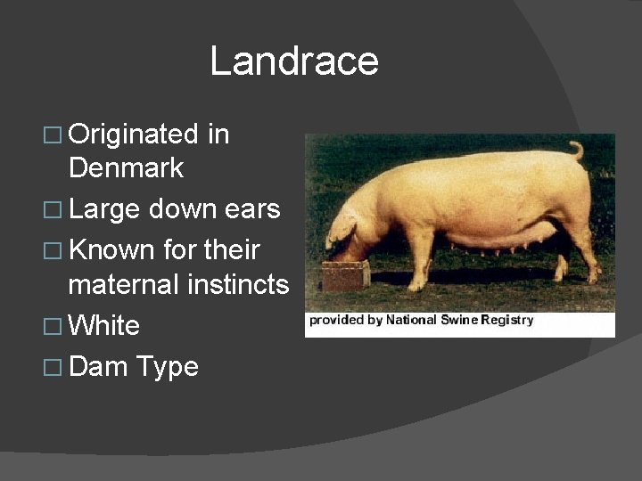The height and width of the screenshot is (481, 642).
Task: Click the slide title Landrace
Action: tap(294, 61)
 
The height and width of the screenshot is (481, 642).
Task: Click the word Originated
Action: tap(133, 135)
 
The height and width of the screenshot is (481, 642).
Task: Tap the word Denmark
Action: tap(126, 167)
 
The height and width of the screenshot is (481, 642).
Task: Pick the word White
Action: tap(104, 325)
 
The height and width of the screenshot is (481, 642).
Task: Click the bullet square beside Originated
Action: tap(53, 136)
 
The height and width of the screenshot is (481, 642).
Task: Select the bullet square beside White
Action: tap(53, 327)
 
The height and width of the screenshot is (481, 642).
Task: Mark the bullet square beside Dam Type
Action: tap(53, 368)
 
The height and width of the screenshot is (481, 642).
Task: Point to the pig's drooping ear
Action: tap(342, 230)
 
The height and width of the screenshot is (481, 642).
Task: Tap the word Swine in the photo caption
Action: tap(462, 320)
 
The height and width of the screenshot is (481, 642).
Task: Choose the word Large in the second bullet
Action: tap(104, 210)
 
